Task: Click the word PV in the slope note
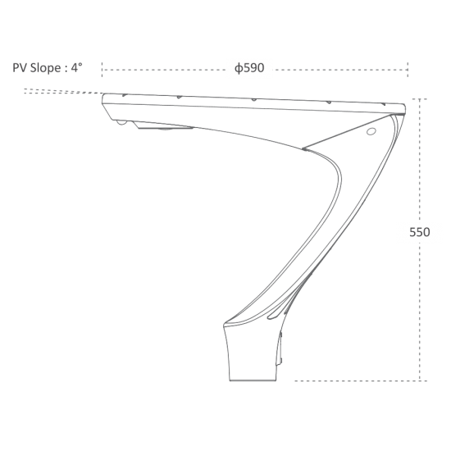20,68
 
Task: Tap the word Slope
45,68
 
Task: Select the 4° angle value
77,67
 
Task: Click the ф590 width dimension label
249,68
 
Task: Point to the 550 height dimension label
420,232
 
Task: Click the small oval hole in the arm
371,131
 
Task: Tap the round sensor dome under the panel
122,122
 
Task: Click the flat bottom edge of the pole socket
253,380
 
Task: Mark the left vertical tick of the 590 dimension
102,70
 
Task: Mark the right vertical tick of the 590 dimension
408,70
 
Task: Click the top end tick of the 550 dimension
420,99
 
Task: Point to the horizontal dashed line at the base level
361,380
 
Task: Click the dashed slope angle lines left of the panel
64,91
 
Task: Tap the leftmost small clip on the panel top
125,95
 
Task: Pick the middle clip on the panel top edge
254,100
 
